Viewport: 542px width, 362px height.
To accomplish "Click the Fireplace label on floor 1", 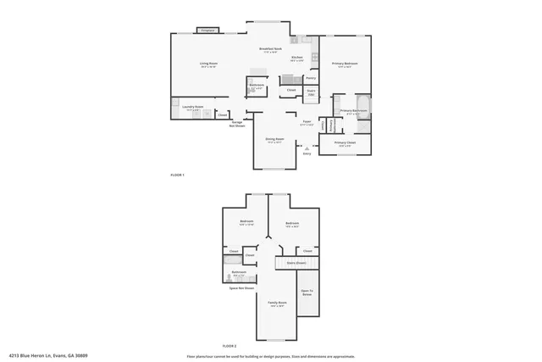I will coord(207,31).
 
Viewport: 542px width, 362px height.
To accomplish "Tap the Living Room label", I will coord(208,64).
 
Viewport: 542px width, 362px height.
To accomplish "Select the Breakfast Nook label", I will coord(271,50).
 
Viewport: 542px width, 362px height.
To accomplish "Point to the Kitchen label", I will coord(297,58).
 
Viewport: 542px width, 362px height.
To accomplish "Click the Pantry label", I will coord(311,78).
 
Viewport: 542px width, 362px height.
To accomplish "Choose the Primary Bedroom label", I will coord(345,64).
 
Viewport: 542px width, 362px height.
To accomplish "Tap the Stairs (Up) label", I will coord(311,92).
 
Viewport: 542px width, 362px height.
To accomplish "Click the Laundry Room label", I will coord(192,107).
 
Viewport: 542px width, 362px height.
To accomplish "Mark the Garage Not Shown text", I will coord(238,123).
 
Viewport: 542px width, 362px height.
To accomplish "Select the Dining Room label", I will coord(274,140).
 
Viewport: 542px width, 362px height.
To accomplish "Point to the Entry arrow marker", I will coord(307,148).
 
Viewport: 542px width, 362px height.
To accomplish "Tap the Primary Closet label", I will coord(345,143).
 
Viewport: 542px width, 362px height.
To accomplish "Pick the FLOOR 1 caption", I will coord(177,175).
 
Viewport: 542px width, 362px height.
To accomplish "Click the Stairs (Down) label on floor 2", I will coord(296,264).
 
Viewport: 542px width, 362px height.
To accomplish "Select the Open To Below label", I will coord(307,292).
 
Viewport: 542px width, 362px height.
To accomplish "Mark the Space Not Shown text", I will coord(241,288).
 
